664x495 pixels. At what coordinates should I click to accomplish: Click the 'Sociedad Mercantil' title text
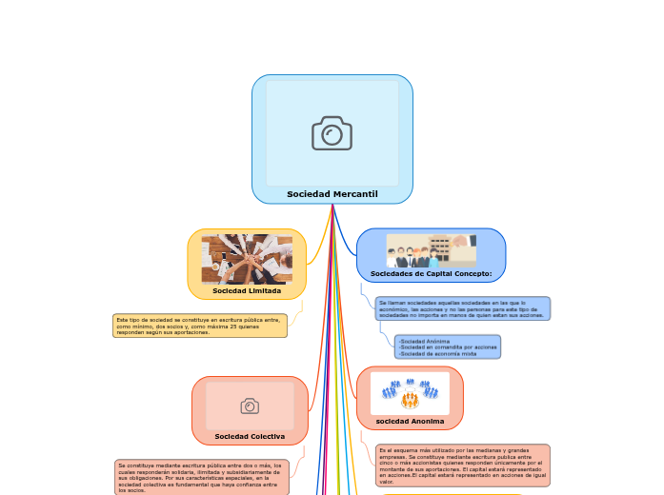(332, 194)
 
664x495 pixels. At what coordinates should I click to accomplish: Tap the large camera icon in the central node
(332, 133)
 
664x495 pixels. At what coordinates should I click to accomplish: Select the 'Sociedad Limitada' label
(247, 290)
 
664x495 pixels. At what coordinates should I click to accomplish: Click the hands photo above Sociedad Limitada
(247, 259)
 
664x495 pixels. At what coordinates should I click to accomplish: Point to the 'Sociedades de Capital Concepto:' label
(431, 273)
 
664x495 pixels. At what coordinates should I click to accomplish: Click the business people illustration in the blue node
(431, 250)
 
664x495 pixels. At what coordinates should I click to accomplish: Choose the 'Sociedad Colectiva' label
(250, 436)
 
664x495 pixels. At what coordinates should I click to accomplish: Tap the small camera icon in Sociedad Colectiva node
(250, 406)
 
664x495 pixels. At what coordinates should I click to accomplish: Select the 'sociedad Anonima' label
(410, 420)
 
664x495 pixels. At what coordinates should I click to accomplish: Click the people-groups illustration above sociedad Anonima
(410, 391)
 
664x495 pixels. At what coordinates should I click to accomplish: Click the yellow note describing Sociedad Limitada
(200, 326)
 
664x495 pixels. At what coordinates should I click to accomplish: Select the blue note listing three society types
(447, 346)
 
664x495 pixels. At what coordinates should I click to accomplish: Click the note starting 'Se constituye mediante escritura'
(199, 477)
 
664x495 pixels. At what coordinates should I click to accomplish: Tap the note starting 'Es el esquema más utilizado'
(463, 465)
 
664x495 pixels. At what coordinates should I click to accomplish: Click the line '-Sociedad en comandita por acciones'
(447, 346)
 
